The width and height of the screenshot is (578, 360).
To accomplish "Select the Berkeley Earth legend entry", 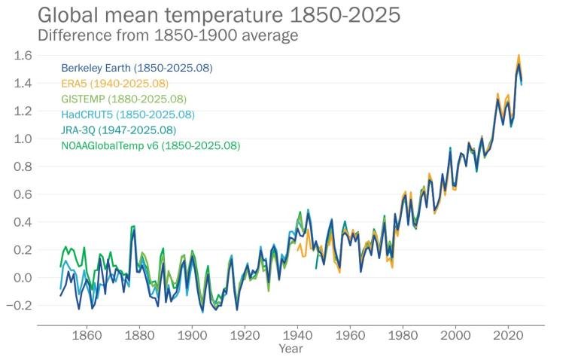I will (137, 68).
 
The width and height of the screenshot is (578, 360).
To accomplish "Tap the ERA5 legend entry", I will (114, 84).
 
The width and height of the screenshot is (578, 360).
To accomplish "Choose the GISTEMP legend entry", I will (123, 99).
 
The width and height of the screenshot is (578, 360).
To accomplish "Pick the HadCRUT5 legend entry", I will (128, 114).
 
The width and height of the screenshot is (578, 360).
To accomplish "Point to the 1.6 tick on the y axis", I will (24, 55).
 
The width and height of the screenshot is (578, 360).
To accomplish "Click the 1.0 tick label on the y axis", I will (24, 139).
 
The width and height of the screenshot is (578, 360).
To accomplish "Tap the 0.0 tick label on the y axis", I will (24, 278).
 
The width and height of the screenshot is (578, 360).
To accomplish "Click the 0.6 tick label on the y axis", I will (24, 194).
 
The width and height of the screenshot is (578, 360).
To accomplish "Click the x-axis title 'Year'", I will (291, 349).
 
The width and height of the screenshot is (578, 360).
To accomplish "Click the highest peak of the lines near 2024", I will (519, 56).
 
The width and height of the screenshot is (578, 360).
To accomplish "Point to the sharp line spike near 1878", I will (133, 226).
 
